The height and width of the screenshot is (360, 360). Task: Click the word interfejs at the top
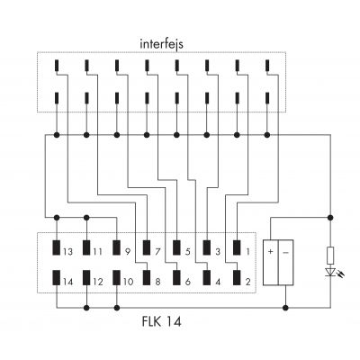point(161,44)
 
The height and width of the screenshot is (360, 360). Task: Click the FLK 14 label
point(161,322)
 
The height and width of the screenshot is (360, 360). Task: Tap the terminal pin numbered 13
point(57,247)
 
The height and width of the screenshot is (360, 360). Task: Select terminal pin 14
point(57,278)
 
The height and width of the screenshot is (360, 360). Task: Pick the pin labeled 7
point(147,247)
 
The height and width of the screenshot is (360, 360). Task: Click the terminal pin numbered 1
point(237,247)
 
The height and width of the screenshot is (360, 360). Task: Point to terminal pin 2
point(237,278)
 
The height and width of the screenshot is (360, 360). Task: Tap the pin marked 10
point(116,278)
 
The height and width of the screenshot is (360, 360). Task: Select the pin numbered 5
point(176,247)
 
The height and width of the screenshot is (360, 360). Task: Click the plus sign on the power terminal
point(271,252)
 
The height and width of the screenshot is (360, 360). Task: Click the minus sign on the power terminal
point(285,252)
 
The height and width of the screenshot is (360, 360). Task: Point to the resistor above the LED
point(330,256)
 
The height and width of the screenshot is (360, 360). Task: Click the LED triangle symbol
point(330,272)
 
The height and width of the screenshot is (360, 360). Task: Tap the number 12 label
point(98,282)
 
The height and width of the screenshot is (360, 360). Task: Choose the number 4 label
point(218,282)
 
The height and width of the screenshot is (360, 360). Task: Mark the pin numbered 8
point(147,278)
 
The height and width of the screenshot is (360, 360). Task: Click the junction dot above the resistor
point(330,217)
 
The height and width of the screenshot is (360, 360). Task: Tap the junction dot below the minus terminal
point(285,308)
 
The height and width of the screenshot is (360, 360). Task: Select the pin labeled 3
point(207,247)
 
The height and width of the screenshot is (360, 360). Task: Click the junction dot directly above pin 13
point(57,217)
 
